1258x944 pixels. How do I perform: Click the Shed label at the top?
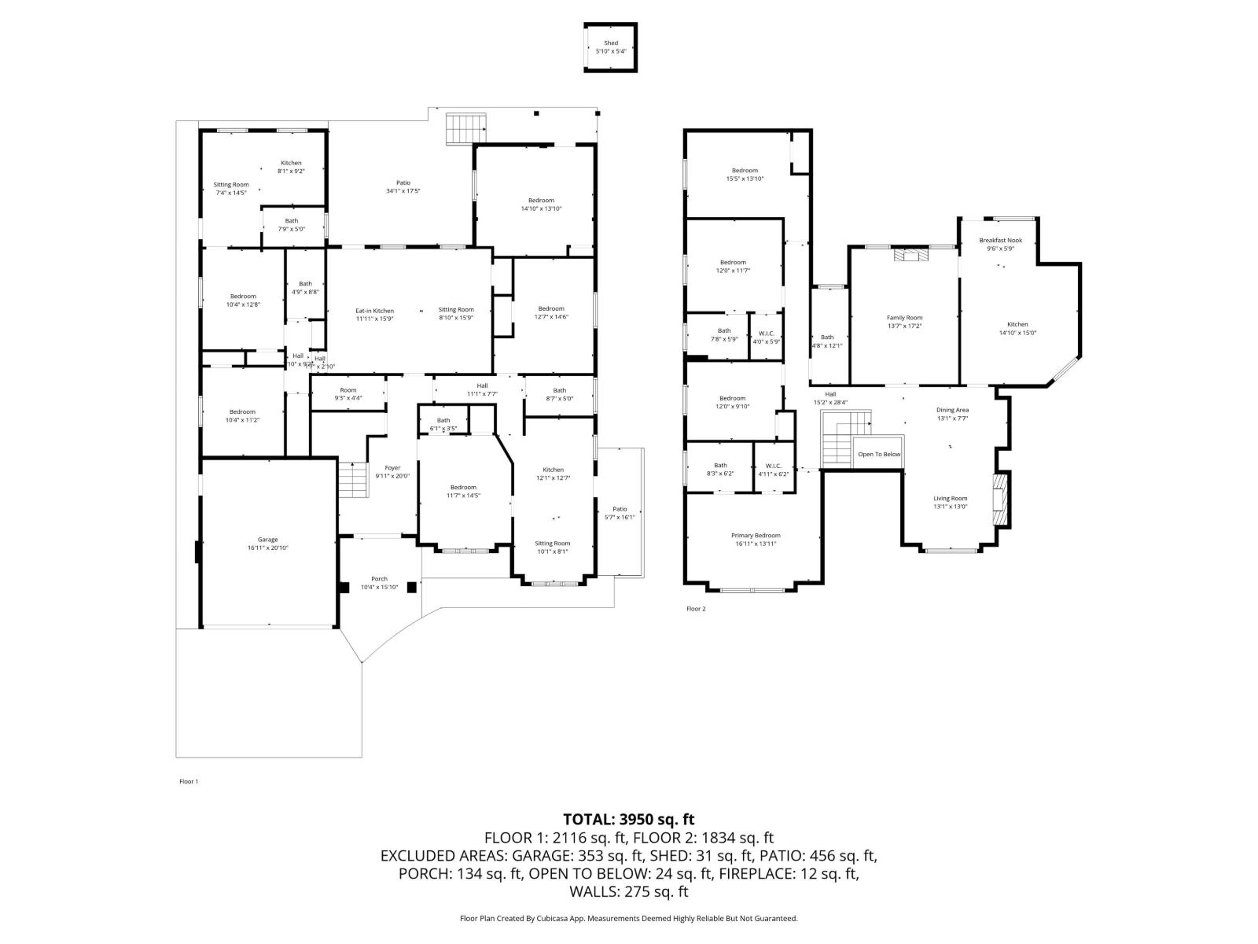(611, 43)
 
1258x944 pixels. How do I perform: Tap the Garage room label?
(268, 540)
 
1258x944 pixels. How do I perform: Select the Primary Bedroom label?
(756, 535)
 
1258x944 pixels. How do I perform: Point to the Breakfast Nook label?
(1001, 240)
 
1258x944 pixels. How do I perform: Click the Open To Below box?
(879, 454)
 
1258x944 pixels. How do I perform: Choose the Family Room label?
(904, 318)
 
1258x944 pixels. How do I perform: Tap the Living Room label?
(950, 498)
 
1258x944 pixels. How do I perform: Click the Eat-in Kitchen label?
(374, 311)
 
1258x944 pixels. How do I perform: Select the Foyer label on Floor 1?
(392, 468)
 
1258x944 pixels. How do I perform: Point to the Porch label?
(379, 579)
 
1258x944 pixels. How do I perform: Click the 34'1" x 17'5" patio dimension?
(403, 191)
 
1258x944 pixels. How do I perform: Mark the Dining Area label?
(952, 410)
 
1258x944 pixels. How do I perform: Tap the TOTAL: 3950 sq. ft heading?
(628, 819)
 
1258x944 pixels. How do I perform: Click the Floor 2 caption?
(696, 609)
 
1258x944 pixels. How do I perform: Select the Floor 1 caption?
(189, 781)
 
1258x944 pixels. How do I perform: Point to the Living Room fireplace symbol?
(999, 500)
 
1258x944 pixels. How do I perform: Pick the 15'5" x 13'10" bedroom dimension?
(745, 179)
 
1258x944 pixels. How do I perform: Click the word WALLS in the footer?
(594, 892)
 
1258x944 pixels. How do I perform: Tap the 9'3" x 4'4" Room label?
(348, 398)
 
